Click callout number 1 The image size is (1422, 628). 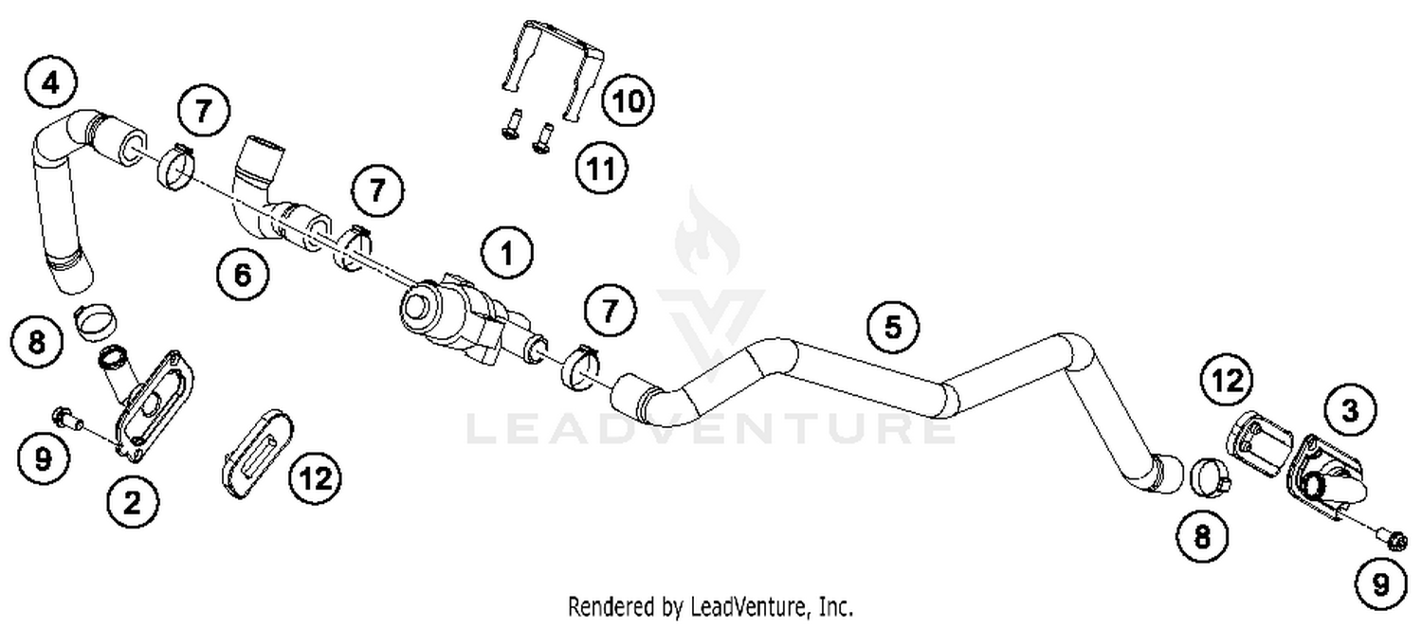(506, 253)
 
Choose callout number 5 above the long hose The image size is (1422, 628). (893, 327)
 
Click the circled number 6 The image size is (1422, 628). (242, 276)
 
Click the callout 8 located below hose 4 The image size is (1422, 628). (37, 342)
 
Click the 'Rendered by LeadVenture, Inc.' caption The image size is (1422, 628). (710, 605)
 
